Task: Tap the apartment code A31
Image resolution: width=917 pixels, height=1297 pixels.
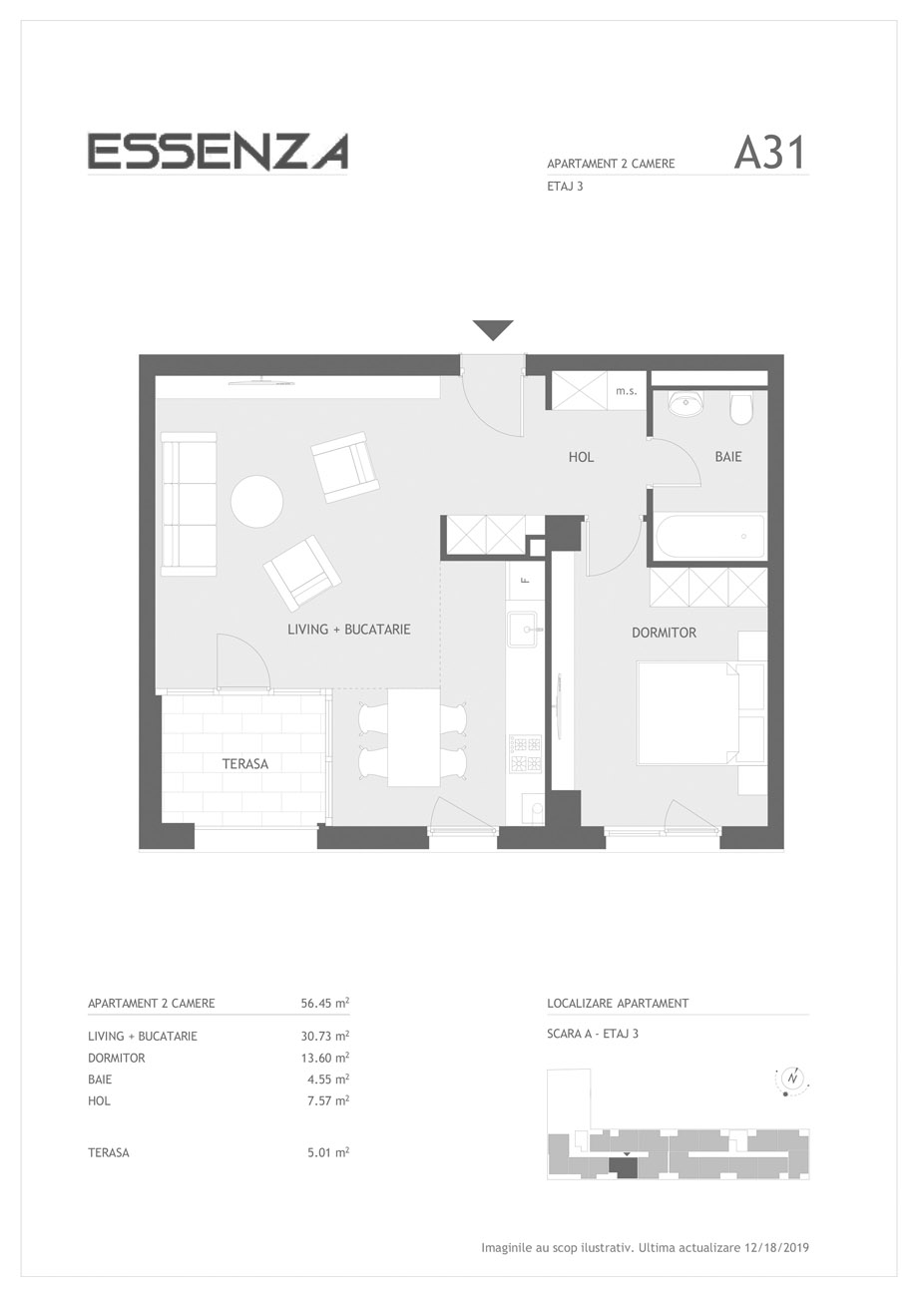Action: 770,154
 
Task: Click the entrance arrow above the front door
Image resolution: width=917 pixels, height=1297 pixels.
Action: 493,330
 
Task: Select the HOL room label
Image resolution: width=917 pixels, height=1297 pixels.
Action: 581,457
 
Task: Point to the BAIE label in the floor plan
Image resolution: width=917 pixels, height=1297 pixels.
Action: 727,457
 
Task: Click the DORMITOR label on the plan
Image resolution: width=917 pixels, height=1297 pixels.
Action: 664,633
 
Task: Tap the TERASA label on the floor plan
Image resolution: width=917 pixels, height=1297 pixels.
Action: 244,763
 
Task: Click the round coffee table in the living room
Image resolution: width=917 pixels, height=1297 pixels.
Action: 257,502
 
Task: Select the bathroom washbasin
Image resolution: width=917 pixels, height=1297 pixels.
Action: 687,404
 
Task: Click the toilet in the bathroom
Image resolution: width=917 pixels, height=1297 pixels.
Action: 741,409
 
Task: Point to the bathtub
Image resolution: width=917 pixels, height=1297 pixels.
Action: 709,536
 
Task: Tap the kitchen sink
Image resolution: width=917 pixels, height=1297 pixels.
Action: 526,630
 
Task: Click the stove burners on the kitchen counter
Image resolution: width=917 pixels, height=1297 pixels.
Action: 526,754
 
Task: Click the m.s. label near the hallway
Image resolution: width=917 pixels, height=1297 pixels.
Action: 626,391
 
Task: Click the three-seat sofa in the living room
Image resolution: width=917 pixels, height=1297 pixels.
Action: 189,504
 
